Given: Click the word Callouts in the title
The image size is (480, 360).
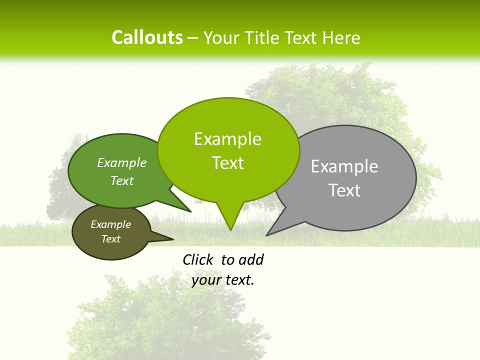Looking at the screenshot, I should [147, 37].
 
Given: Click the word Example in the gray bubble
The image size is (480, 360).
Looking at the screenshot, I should [344, 166].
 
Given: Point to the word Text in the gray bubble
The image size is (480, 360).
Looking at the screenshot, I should [344, 190].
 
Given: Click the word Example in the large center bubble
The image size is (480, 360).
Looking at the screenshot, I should [227, 139].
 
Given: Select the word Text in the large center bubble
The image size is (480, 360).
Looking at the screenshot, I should [227, 163].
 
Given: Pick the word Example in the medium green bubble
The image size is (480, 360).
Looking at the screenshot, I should [121, 162].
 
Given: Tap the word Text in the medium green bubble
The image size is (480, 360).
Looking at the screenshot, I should [121, 180].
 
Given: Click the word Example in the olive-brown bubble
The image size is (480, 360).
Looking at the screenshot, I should [110, 224].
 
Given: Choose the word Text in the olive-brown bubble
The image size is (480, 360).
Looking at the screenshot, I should [110, 239].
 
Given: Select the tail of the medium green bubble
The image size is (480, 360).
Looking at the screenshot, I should [188, 210].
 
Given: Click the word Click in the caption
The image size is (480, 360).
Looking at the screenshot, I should [198, 259].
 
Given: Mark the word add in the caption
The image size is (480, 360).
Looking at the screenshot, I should [251, 259].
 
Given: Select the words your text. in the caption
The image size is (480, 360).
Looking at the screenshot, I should [223, 280].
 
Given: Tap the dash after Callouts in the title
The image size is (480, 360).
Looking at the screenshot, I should [193, 38].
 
